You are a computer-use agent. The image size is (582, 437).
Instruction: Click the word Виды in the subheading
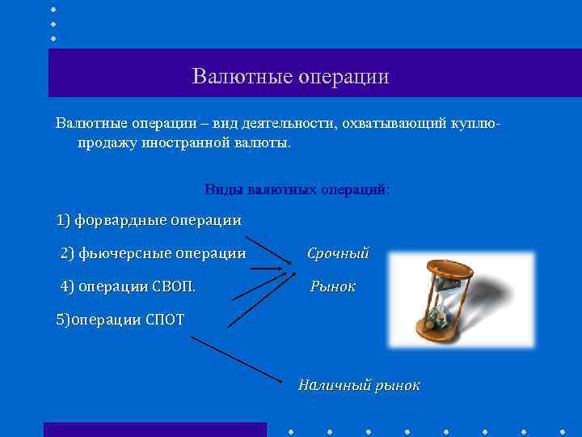click(x=221, y=189)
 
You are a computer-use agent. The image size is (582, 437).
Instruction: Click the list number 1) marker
click(x=64, y=220)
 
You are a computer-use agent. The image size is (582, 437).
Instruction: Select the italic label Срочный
click(x=338, y=253)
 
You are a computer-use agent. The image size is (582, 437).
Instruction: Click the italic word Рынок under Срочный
click(x=333, y=286)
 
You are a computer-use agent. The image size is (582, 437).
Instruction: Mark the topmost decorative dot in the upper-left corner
click(x=53, y=9)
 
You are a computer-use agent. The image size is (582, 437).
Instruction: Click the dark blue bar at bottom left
click(x=154, y=430)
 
